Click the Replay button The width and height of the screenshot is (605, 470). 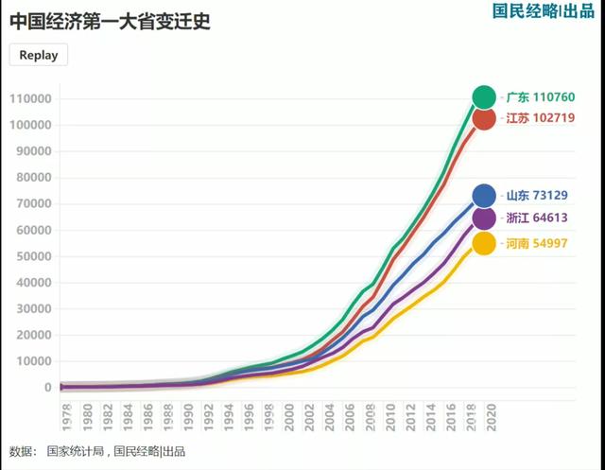(x=39, y=55)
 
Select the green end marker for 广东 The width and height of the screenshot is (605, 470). (x=484, y=96)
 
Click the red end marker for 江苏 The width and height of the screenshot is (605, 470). (x=484, y=118)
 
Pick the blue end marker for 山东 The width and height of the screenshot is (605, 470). (x=484, y=196)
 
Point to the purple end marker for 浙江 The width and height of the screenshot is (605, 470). (x=484, y=218)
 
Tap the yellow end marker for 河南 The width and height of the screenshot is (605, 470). (x=484, y=243)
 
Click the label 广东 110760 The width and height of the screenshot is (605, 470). (x=540, y=96)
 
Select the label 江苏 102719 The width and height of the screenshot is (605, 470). (x=540, y=118)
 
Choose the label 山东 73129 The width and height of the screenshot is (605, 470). (x=537, y=196)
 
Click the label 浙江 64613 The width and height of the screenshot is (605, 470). (x=537, y=218)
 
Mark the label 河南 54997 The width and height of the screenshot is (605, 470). (x=537, y=243)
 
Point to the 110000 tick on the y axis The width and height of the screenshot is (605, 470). (x=30, y=98)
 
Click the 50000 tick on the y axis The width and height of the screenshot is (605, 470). (x=33, y=256)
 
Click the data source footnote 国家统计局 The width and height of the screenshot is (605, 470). (x=77, y=452)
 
